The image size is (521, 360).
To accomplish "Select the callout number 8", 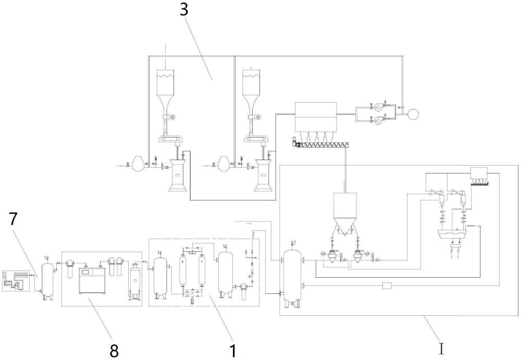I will pyautogui.click(x=114, y=350).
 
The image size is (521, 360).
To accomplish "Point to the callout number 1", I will pyautogui.click(x=233, y=351).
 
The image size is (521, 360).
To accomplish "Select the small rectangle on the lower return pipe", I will pyautogui.click(x=387, y=285).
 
